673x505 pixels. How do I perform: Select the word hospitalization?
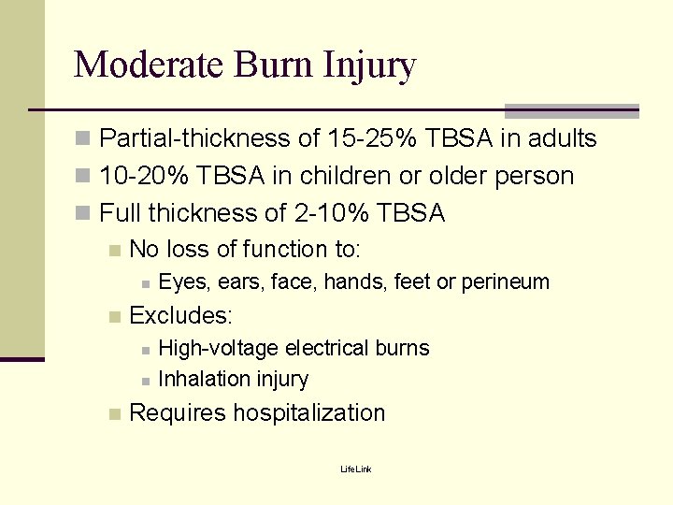tap(308, 413)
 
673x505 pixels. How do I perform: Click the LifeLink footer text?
tap(355, 469)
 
